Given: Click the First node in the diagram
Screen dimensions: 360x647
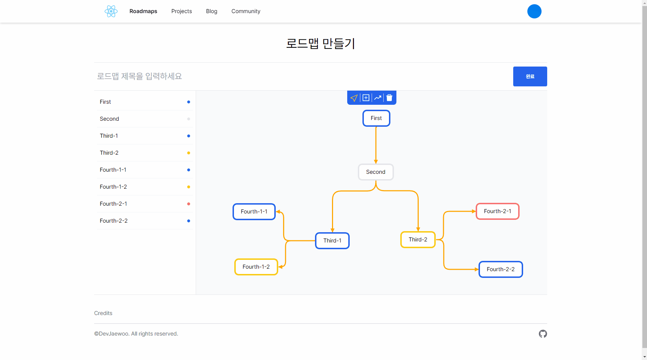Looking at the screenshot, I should pyautogui.click(x=376, y=118).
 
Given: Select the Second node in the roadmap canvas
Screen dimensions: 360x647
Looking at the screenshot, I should pyautogui.click(x=376, y=172).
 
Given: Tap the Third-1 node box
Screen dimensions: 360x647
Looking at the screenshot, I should pyautogui.click(x=332, y=241).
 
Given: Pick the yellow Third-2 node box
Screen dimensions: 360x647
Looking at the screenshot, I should pyautogui.click(x=418, y=240).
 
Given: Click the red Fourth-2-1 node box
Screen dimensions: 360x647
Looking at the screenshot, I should pyautogui.click(x=497, y=211).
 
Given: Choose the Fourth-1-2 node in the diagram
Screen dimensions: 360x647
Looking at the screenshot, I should pyautogui.click(x=256, y=267).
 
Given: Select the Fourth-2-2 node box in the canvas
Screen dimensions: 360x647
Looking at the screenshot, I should pyautogui.click(x=500, y=269).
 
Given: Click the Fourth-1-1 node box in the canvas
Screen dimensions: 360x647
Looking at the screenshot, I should pyautogui.click(x=254, y=212).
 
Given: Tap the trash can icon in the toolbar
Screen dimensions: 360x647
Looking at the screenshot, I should pyautogui.click(x=389, y=98).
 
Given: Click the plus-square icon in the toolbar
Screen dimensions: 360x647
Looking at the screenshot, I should pyautogui.click(x=366, y=98).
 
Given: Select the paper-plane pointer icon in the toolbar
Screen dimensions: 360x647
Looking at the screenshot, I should pyautogui.click(x=354, y=98).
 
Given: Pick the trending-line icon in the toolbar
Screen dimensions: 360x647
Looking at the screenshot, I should pyautogui.click(x=378, y=98).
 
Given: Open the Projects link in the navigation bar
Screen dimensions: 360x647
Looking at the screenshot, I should pyautogui.click(x=182, y=11).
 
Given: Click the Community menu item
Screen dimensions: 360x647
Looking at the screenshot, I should pyautogui.click(x=246, y=11).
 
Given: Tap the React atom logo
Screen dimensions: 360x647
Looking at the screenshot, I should pyautogui.click(x=111, y=11).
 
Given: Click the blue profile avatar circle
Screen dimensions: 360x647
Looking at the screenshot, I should pyautogui.click(x=534, y=11).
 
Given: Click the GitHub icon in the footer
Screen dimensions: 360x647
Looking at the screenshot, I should pyautogui.click(x=543, y=334).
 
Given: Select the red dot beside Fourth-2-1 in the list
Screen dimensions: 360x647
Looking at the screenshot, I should pyautogui.click(x=189, y=204).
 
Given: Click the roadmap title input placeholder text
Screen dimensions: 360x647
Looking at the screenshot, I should pyautogui.click(x=139, y=76).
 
